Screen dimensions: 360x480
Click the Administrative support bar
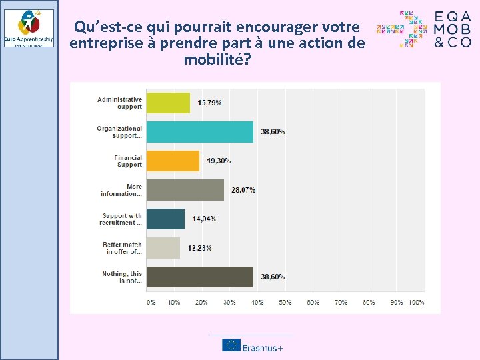[168, 103]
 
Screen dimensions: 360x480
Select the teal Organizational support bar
[199, 132]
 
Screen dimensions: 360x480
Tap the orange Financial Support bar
[173, 161]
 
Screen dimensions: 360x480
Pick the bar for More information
[185, 190]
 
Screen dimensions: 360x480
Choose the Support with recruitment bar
[165, 219]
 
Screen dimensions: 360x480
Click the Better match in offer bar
[163, 248]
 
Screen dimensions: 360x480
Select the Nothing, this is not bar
[199, 277]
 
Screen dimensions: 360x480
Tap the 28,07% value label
[243, 190]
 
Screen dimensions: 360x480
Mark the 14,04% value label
[204, 219]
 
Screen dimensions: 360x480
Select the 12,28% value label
[199, 248]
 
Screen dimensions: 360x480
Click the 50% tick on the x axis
[285, 302]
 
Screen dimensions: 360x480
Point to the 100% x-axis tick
[417, 302]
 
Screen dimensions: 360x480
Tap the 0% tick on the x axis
[151, 302]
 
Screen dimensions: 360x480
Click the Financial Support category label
[128, 161]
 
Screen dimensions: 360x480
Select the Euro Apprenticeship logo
[29, 28]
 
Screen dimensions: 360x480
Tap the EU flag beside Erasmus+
[231, 345]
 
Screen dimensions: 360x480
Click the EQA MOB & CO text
[453, 29]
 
